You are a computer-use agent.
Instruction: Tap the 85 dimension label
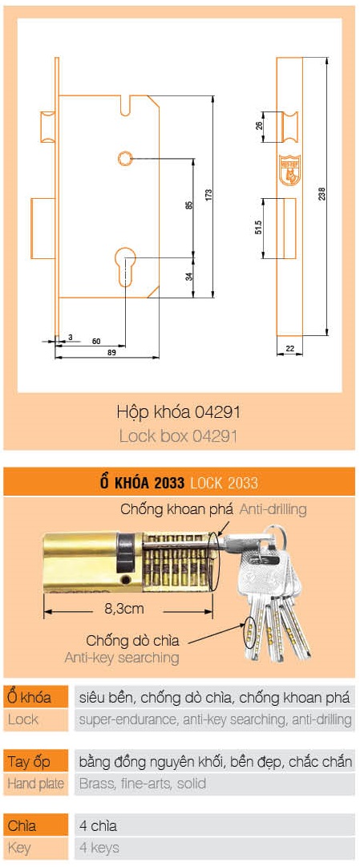tap(189, 205)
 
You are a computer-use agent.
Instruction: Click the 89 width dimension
tap(111, 352)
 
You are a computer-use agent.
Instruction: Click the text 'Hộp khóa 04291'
tap(178, 413)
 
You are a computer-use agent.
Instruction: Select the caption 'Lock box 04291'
tap(178, 437)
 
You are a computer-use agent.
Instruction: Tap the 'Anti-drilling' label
tap(272, 509)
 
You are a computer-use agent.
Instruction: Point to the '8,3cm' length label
tap(123, 609)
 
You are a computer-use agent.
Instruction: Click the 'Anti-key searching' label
tap(122, 658)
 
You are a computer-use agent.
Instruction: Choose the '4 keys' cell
tap(214, 847)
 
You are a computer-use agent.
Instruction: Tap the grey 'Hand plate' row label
tap(35, 784)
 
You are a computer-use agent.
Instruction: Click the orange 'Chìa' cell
tap(35, 824)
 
